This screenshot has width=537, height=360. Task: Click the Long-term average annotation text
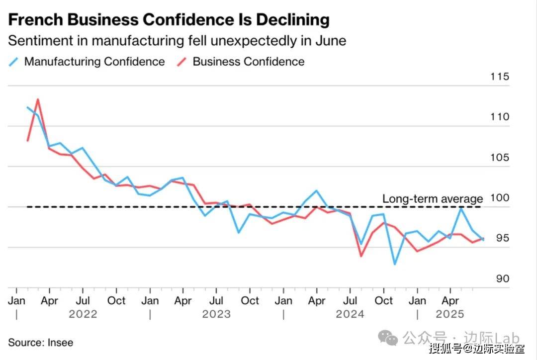[433, 199]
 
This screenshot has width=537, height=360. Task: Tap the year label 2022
[83, 314]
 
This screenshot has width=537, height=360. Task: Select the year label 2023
[216, 314]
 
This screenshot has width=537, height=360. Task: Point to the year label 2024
[350, 314]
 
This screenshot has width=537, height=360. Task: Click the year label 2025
[450, 314]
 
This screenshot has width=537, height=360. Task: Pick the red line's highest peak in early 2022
[38, 99]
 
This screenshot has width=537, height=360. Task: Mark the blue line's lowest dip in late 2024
[394, 264]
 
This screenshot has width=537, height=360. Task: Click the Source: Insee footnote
[40, 343]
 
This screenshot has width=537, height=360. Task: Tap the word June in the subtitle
[331, 41]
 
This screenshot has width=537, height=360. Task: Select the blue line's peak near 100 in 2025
[461, 208]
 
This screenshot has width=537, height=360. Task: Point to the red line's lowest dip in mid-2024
[361, 256]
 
